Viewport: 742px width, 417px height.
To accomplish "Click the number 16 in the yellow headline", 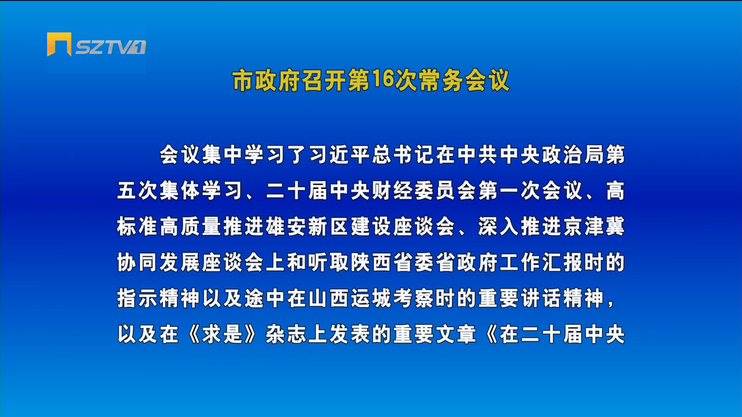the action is coord(383,79).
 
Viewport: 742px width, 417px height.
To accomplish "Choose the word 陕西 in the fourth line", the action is coord(372,263).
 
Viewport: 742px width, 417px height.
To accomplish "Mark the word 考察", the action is coord(414,298).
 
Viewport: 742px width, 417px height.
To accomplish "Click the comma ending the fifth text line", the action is coord(611,304).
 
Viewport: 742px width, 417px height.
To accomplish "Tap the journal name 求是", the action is coord(223,334).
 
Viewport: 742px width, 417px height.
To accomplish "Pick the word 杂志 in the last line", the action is coord(287,334).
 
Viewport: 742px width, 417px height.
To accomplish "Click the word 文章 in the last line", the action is coord(456,334).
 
